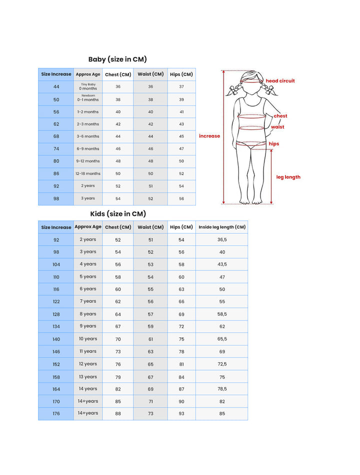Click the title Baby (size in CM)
[117, 59]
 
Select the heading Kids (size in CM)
[118, 213]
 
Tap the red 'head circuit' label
[280, 81]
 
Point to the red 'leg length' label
[288, 177]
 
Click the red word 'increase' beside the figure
[209, 136]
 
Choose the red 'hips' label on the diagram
[274, 144]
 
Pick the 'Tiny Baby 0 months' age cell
[88, 87]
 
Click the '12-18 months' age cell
[88, 173]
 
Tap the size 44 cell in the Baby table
[56, 87]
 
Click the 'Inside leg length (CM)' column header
[222, 227]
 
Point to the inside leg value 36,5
[222, 239]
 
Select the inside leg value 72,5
[222, 364]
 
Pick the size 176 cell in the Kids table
[56, 413]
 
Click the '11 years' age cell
[88, 351]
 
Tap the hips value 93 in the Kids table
[181, 413]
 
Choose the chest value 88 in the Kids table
[118, 413]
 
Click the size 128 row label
[56, 314]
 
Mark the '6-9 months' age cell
[88, 148]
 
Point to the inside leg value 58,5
[222, 314]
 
